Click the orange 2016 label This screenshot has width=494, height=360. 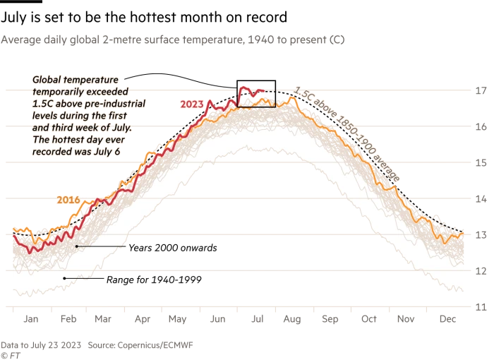click(68, 199)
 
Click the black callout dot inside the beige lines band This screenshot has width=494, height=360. click(75, 246)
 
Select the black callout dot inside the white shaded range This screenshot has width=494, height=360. click(64, 278)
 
